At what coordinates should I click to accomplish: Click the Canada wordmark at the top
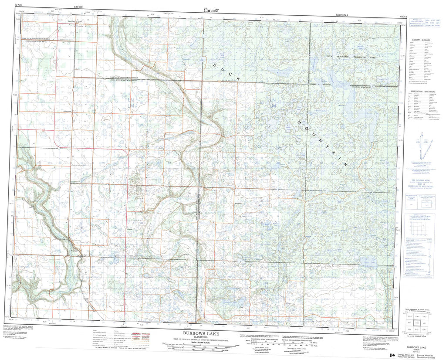click(x=211, y=10)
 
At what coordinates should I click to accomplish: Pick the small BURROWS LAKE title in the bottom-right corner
click(x=417, y=348)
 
